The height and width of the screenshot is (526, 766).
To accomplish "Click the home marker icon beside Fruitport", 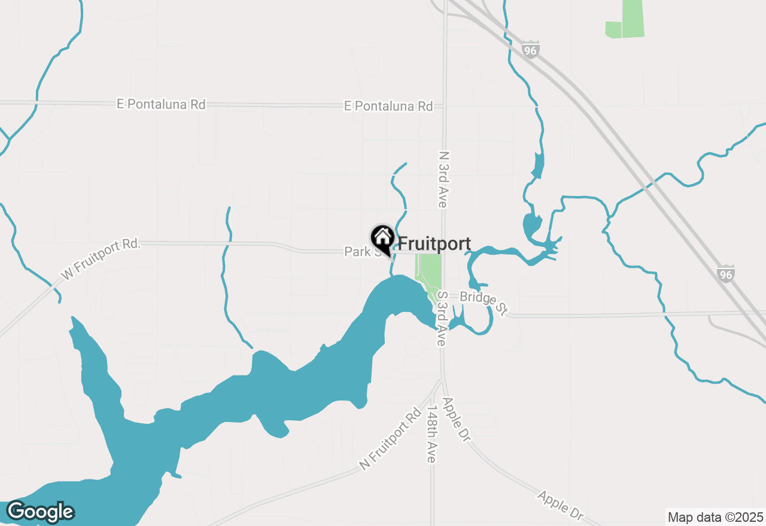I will [x=382, y=239].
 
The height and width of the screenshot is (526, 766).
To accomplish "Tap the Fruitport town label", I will [x=434, y=244].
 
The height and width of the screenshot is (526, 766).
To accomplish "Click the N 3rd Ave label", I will [x=443, y=179].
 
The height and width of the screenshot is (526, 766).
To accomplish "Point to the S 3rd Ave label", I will [x=442, y=319].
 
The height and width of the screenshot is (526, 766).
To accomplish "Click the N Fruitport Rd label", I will [x=391, y=438].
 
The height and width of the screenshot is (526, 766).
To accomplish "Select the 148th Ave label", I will [x=431, y=435].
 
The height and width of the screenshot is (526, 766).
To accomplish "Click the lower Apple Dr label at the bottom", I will [x=560, y=504].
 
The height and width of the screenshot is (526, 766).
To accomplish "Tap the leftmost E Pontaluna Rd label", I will [x=161, y=105].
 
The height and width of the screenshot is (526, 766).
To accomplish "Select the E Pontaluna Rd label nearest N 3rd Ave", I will [x=388, y=106].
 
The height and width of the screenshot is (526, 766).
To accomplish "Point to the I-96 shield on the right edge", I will [x=726, y=274].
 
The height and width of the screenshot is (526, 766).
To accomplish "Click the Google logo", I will [x=39, y=512].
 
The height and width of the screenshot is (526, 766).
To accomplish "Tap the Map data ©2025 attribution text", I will [x=716, y=517].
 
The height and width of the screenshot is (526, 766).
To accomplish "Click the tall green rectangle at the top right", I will [x=633, y=18].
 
